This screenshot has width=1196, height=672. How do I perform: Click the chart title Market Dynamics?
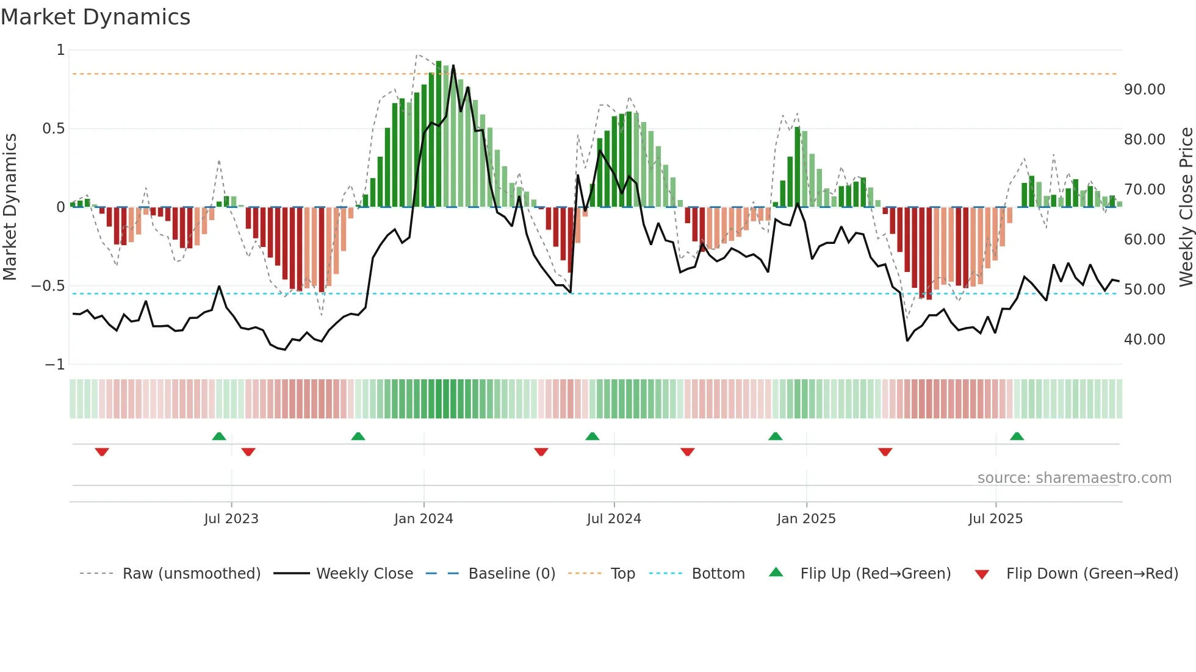point(95,17)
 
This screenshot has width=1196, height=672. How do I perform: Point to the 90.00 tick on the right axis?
point(1144,90)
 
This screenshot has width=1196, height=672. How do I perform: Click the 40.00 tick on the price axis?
point(1144,340)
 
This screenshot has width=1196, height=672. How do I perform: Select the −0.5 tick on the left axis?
point(48,286)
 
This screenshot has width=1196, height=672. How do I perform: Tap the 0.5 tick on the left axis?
point(53,129)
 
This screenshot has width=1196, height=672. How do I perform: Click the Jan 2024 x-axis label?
point(423,519)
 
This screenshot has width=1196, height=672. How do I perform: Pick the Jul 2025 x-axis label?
point(995,519)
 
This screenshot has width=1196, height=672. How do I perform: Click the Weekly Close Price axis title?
point(1186,207)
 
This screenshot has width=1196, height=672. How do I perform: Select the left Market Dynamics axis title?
point(10,207)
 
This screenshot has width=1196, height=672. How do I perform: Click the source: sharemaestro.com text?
point(1074,478)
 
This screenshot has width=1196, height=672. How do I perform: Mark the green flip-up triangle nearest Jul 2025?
point(1017,437)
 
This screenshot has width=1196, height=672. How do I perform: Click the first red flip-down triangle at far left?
point(102,452)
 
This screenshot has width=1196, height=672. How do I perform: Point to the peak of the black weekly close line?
point(453,66)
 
